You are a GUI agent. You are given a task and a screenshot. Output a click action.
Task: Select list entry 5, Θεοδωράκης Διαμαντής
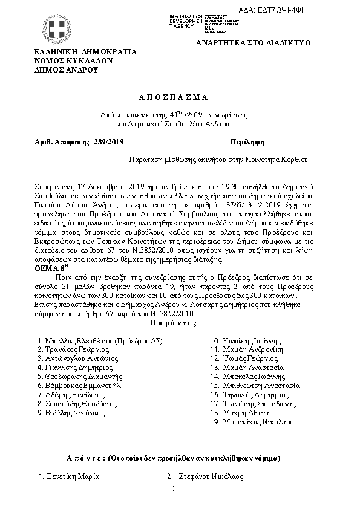(x=84, y=376)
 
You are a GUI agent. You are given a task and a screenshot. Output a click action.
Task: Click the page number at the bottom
(x=173, y=488)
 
